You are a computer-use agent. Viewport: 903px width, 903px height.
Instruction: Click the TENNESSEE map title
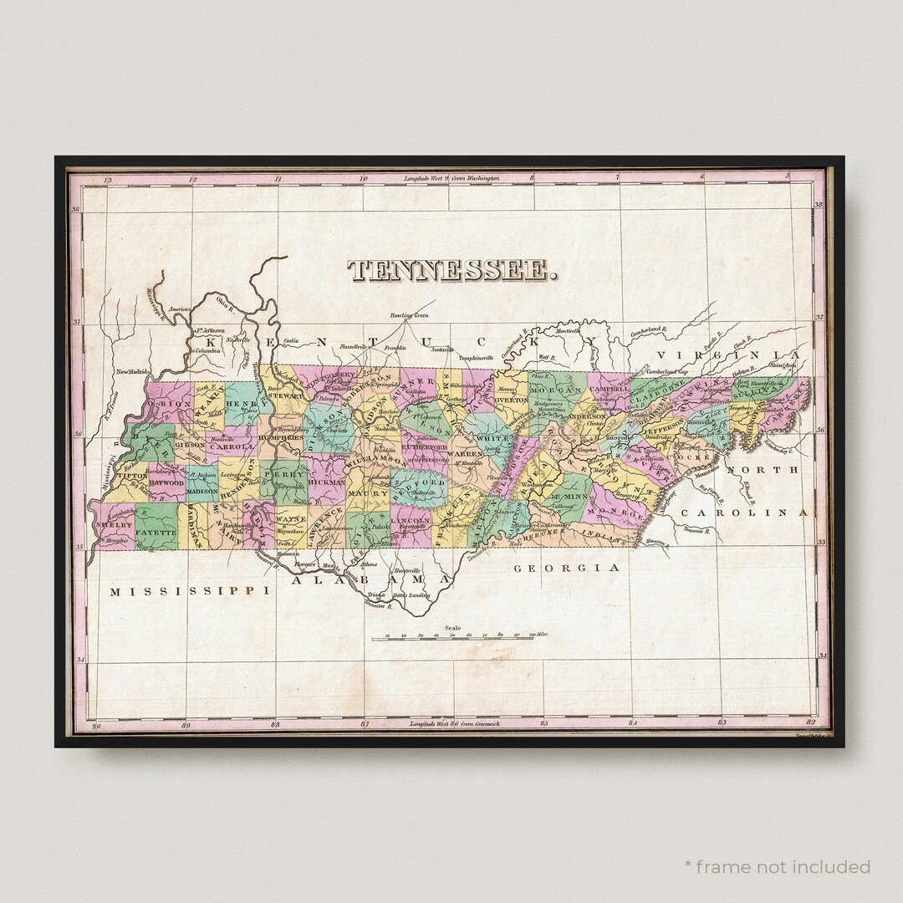click(x=451, y=270)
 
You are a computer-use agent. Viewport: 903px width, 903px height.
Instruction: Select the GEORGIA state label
click(x=567, y=568)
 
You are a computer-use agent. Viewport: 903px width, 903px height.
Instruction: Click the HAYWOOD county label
click(x=166, y=482)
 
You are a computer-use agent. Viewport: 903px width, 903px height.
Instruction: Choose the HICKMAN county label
click(x=326, y=482)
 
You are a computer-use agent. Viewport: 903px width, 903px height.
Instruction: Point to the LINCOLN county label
click(x=411, y=520)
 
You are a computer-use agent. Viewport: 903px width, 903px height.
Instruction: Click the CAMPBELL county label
click(x=608, y=389)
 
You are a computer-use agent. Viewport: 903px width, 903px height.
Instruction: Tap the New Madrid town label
click(x=132, y=371)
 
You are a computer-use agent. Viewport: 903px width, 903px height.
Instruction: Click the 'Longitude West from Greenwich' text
click(x=451, y=723)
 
